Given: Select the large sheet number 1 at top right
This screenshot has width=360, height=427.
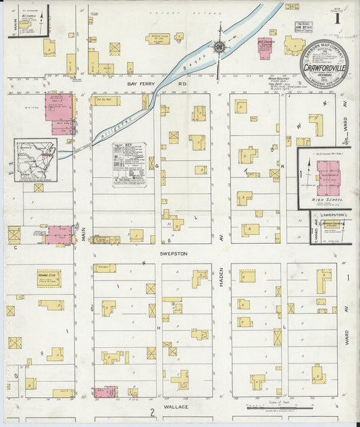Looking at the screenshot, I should (336, 18).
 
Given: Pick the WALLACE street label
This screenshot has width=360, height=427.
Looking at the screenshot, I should (175, 407).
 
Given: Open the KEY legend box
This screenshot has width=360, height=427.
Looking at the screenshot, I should (129, 164).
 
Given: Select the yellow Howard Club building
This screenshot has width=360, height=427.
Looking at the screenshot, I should (49, 278).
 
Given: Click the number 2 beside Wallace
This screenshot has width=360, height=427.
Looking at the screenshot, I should (153, 411).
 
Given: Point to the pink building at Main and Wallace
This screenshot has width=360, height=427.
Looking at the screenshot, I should (105, 392).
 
